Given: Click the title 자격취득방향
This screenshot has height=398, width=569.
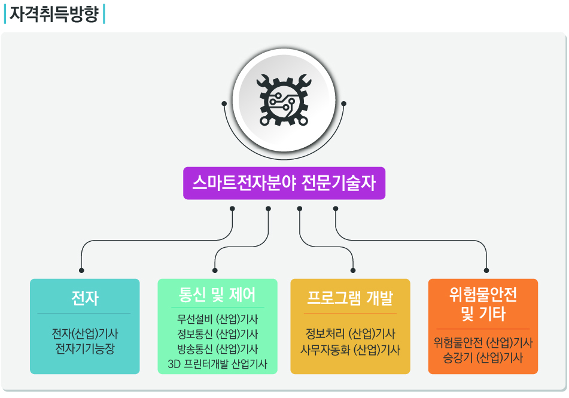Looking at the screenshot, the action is (54, 14).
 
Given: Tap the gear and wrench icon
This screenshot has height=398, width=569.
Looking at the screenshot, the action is (284, 101).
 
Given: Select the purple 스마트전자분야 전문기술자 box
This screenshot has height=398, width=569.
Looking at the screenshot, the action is (284, 183).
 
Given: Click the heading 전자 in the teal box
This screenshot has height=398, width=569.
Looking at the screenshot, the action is (85, 298).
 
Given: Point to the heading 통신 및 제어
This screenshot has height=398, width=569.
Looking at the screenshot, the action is (217, 295).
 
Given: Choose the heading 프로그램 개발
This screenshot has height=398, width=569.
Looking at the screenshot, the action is (350, 298).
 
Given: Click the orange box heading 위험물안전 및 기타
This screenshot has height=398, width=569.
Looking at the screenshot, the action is (483, 304).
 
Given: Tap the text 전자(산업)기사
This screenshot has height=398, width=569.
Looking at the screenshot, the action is (85, 333).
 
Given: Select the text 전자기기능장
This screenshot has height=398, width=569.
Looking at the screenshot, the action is (85, 348).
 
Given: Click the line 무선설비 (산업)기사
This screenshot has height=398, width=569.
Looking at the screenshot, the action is (217, 319).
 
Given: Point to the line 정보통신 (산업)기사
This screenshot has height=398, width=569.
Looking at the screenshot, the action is (217, 334).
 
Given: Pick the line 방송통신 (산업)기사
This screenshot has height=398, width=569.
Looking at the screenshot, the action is (217, 349).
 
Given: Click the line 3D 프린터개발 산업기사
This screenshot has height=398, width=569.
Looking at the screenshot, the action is (217, 364).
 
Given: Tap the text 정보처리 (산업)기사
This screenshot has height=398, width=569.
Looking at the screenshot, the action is (350, 333).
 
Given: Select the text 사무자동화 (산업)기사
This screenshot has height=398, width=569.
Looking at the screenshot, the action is (350, 350).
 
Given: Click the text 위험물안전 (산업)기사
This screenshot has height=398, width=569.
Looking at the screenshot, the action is (483, 342).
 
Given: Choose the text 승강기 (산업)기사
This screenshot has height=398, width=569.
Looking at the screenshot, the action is (483, 358).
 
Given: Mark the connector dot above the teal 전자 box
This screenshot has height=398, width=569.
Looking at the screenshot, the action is (81, 270).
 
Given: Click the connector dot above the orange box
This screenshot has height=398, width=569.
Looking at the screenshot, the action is (486, 270).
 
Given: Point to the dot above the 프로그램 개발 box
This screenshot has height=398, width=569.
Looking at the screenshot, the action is (353, 270).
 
